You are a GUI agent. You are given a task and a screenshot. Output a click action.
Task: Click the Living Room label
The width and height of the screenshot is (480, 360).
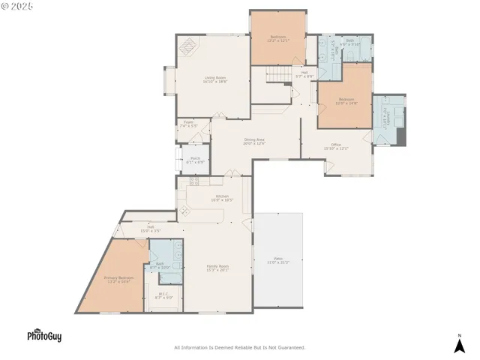[215, 79]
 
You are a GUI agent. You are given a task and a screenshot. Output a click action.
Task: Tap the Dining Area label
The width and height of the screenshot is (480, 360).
[255, 141]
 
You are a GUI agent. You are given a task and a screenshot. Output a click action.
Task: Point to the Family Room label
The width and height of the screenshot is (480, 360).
[218, 268]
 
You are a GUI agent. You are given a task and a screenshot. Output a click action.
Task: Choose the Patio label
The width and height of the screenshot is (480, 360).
[277, 260]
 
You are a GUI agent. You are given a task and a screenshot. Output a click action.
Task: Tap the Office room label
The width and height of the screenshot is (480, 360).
[336, 146]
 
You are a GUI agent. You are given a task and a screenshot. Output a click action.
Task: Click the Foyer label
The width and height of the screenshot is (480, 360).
[189, 124]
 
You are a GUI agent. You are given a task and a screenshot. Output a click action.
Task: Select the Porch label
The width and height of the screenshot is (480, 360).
[195, 160]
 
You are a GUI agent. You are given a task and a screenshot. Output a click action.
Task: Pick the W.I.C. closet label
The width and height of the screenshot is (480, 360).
[163, 296]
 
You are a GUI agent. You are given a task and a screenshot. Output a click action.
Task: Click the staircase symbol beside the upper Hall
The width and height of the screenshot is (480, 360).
[278, 75]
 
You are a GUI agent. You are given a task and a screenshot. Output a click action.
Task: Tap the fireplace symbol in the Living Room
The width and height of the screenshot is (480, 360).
[187, 46]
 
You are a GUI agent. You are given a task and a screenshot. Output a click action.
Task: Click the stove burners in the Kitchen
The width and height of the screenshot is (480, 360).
[194, 181]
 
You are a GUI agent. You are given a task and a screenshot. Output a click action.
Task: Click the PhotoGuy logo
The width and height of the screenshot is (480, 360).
[44, 336]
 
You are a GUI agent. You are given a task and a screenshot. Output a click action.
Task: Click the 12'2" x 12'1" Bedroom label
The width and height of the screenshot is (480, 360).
[278, 38]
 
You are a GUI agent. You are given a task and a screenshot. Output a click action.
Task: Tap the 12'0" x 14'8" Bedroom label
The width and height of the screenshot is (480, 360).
[346, 101]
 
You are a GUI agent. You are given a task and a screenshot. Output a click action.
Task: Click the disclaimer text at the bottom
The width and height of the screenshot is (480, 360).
[240, 347]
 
